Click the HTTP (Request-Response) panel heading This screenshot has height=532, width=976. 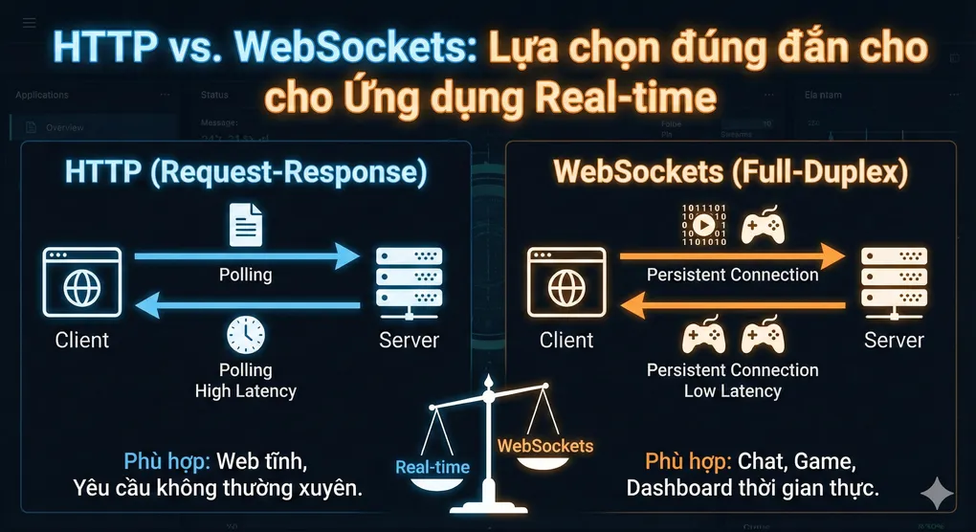point(246,172)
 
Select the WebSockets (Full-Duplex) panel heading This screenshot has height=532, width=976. point(731,172)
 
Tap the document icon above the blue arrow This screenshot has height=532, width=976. point(246,225)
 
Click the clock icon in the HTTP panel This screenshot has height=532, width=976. point(246,335)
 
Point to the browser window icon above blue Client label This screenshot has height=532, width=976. point(82,284)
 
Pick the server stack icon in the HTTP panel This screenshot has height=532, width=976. point(409,284)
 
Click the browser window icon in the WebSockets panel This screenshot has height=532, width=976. point(566,284)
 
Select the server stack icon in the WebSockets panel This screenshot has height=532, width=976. point(894,284)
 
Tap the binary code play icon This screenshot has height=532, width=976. point(702,225)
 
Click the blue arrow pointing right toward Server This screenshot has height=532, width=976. point(246,256)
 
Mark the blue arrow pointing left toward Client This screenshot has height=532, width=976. point(246,306)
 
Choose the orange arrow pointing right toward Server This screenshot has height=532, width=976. point(732,256)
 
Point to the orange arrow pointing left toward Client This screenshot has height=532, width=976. point(732,306)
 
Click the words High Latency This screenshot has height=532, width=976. point(246,390)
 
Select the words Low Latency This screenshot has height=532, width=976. point(732,390)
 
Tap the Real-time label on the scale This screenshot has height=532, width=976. point(433,467)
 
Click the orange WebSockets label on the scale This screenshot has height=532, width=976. point(545,446)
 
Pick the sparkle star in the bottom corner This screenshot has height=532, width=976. point(936,494)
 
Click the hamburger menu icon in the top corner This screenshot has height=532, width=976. point(29,22)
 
